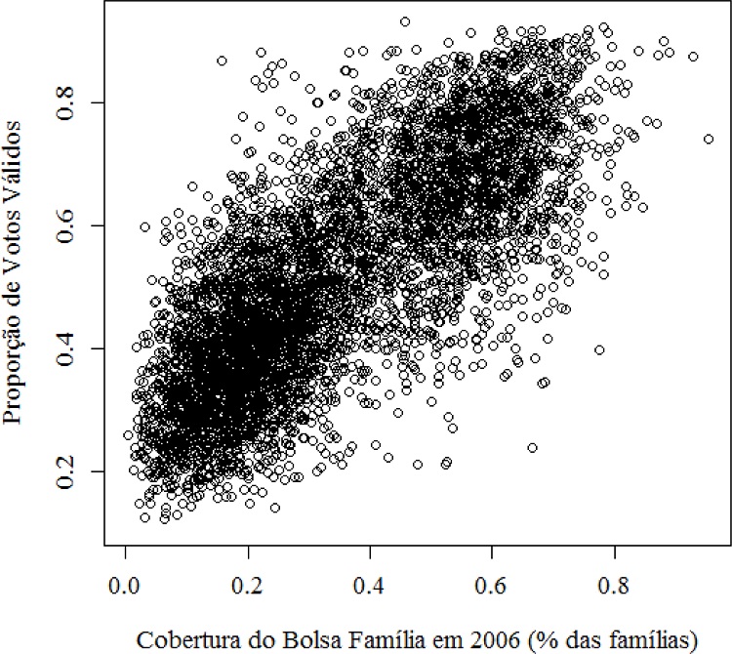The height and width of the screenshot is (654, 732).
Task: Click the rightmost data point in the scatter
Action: tap(709, 140)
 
